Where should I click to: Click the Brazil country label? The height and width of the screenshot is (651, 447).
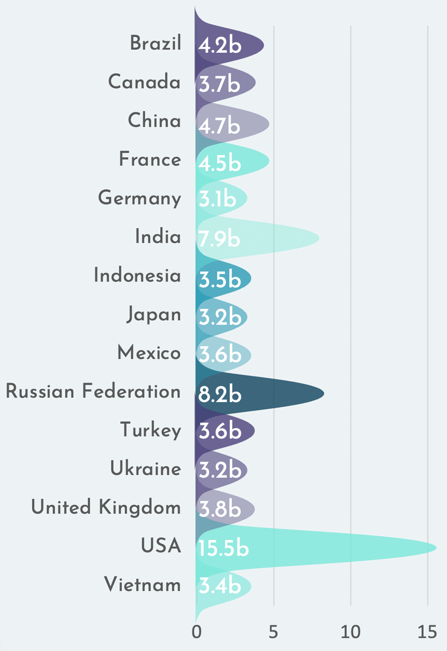coord(156,44)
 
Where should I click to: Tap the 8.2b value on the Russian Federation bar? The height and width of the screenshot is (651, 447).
coord(220,395)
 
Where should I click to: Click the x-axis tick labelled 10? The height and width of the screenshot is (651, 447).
coord(351,632)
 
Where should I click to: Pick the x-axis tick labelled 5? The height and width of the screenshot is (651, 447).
coord(273,632)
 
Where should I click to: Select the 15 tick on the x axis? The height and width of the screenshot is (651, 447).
coord(428,632)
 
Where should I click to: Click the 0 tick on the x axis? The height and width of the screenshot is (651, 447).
coord(196,632)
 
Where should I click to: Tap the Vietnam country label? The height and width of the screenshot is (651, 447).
coord(143,585)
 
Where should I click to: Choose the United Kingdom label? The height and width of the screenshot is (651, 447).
coord(106,507)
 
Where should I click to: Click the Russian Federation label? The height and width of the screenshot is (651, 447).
coord(93,392)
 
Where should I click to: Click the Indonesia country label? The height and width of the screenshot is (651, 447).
coord(137,275)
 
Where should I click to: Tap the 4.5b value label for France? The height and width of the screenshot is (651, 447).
coord(219,163)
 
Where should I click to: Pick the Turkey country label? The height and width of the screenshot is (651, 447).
coord(151,431)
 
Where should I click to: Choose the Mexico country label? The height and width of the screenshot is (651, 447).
coord(149,353)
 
